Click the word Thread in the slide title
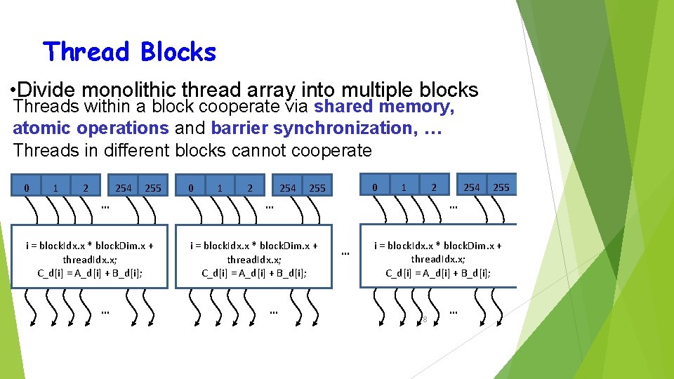tap(86, 52)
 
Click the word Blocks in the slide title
tap(178, 52)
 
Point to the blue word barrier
tap(239, 128)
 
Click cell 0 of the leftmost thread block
tap(27, 188)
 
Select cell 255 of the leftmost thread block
tap(152, 188)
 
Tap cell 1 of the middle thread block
tap(220, 188)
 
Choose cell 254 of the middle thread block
tap(288, 188)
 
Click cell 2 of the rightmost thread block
tap(434, 187)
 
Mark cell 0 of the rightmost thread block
tap(375, 187)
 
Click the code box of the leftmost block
tap(90, 256)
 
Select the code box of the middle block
tap(254, 256)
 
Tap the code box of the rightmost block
tap(438, 256)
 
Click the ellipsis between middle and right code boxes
tap(345, 253)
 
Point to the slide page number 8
tap(424, 320)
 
